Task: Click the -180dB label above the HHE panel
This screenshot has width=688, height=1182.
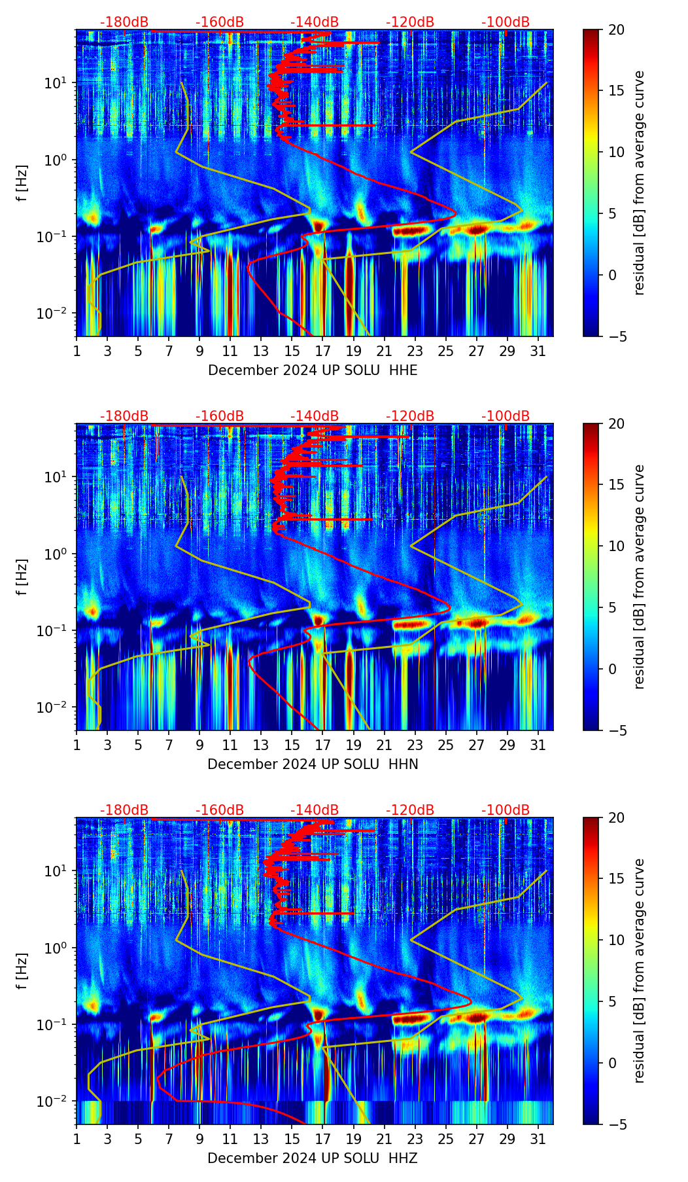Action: click(124, 22)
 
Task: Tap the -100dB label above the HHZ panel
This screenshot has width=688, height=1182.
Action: click(506, 810)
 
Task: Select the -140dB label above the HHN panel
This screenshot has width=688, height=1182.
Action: click(315, 416)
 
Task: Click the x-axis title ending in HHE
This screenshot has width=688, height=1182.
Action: click(313, 370)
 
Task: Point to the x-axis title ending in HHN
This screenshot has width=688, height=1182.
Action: click(313, 764)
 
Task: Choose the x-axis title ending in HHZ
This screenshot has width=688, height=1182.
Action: click(313, 1158)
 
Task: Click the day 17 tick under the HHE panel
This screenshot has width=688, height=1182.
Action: click(323, 350)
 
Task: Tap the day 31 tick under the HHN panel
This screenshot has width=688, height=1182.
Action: click(538, 744)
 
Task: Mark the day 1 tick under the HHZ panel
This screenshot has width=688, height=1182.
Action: click(77, 1138)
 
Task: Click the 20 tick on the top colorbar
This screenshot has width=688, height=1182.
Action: click(617, 29)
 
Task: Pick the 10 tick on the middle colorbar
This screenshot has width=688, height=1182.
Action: click(617, 546)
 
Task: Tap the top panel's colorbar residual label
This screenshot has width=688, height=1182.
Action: click(639, 183)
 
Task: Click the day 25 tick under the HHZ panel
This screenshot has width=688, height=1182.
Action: click(446, 1138)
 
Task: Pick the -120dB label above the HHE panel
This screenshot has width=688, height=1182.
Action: click(410, 22)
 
